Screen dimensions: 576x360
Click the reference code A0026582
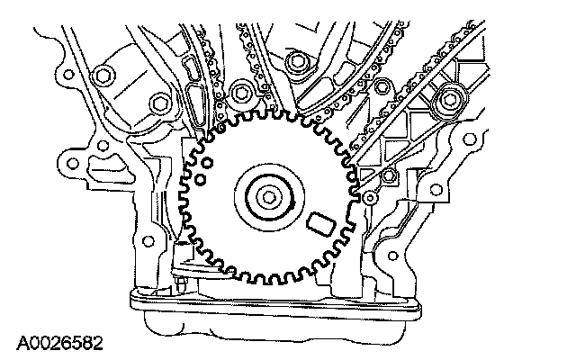pyautogui.click(x=58, y=343)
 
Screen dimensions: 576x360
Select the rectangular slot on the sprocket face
pyautogui.click(x=319, y=220)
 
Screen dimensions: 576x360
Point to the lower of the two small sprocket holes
pyautogui.click(x=202, y=179)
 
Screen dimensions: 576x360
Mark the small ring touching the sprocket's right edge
pyautogui.click(x=370, y=197)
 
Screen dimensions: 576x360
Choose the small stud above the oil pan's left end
pyautogui.click(x=182, y=286)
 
